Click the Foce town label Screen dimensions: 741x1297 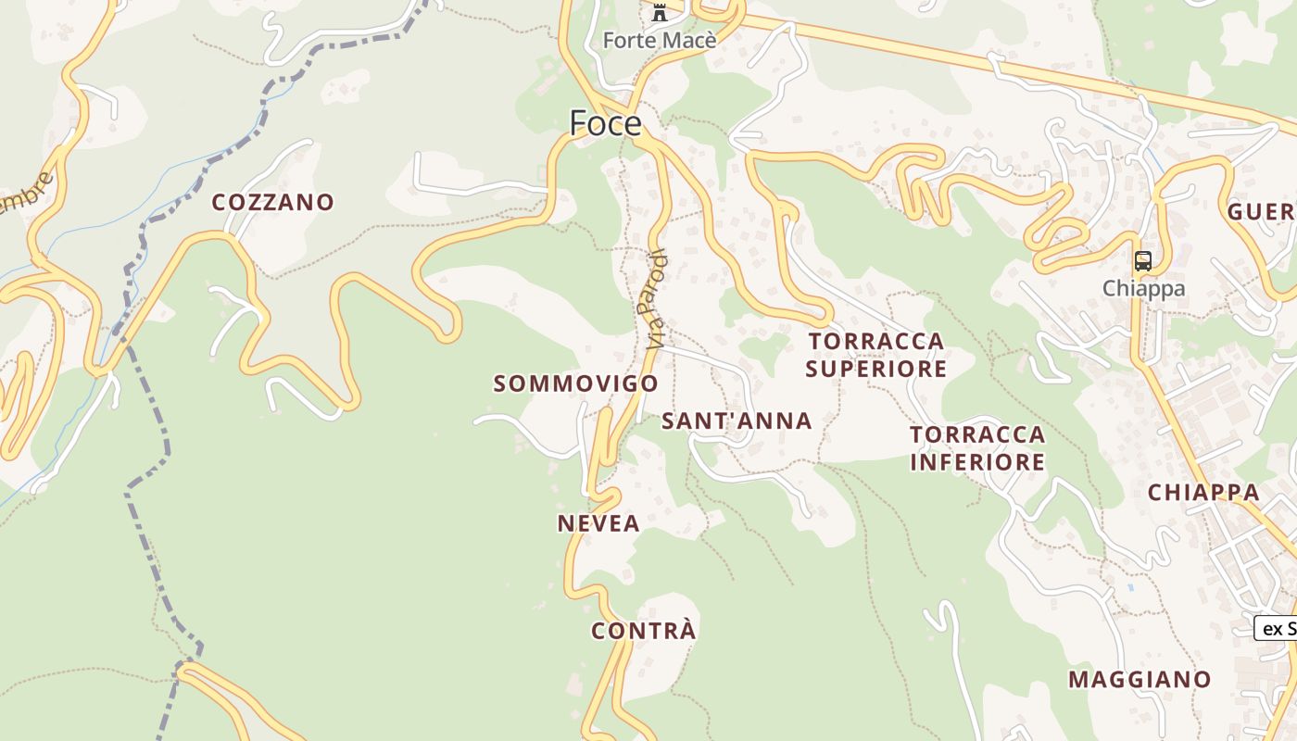605,123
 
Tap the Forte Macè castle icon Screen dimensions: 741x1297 660,13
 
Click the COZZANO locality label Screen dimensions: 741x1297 272,202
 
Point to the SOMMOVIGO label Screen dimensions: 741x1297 575,383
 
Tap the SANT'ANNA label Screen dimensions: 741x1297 737,421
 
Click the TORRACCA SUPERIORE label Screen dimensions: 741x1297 875,355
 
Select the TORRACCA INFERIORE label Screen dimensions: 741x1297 977,447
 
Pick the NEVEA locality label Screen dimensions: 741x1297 598,523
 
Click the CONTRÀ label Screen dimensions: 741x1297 643,631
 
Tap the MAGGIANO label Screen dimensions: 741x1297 1140,679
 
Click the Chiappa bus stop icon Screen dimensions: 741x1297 1143,261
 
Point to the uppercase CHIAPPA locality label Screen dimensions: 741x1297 1203,493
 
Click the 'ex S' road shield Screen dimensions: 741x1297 1276,628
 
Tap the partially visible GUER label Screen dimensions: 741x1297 1261,212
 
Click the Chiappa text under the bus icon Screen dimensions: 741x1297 1143,288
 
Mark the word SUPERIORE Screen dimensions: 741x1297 875,369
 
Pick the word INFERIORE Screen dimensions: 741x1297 977,461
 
